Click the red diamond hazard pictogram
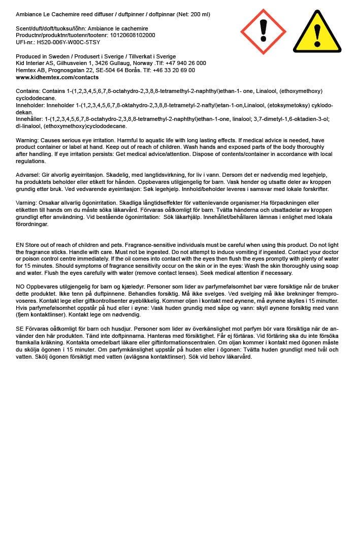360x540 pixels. pyautogui.click(x=263, y=31)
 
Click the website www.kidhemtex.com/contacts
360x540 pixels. pyautogui.click(x=57, y=78)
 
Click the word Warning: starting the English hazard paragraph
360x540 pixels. pyautogui.click(x=27, y=140)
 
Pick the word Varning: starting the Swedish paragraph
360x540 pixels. pyautogui.click(x=27, y=203)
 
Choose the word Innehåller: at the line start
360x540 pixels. pyautogui.click(x=30, y=119)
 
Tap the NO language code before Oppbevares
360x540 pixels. pyautogui.click(x=20, y=287)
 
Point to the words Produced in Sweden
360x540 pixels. pyautogui.click(x=40, y=56)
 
